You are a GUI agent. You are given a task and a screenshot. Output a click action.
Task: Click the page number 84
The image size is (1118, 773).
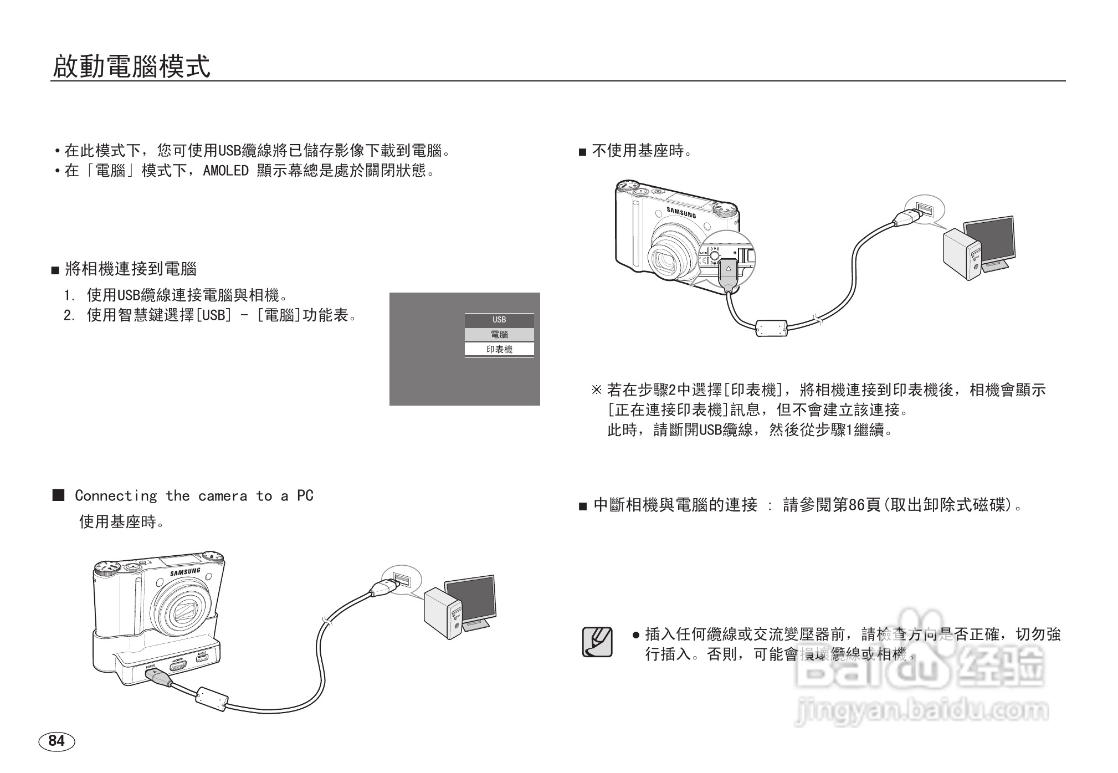pyautogui.click(x=57, y=741)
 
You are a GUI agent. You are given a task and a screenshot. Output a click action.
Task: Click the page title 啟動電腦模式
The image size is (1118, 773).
pyautogui.click(x=132, y=66)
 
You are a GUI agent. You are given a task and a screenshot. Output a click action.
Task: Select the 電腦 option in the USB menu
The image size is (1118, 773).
pyautogui.click(x=499, y=335)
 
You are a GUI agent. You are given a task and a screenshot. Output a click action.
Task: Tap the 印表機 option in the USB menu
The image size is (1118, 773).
pyautogui.click(x=499, y=350)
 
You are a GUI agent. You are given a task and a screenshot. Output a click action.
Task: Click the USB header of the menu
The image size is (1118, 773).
pyautogui.click(x=499, y=320)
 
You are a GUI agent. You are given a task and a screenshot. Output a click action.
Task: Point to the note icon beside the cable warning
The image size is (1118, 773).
pyautogui.click(x=597, y=642)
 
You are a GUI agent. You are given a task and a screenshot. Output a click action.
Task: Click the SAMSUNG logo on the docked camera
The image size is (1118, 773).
pyautogui.click(x=185, y=572)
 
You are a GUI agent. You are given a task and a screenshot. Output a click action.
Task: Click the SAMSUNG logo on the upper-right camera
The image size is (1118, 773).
pyautogui.click(x=681, y=212)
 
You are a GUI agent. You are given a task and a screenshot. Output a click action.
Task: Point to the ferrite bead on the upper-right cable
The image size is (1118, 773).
pyautogui.click(x=772, y=328)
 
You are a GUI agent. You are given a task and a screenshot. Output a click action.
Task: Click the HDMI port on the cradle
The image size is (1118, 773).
pyautogui.click(x=178, y=664)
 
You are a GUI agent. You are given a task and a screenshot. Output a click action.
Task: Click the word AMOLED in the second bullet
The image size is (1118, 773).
pyautogui.click(x=226, y=171)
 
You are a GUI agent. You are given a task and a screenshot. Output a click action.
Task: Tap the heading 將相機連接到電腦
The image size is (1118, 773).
pyautogui.click(x=131, y=269)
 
